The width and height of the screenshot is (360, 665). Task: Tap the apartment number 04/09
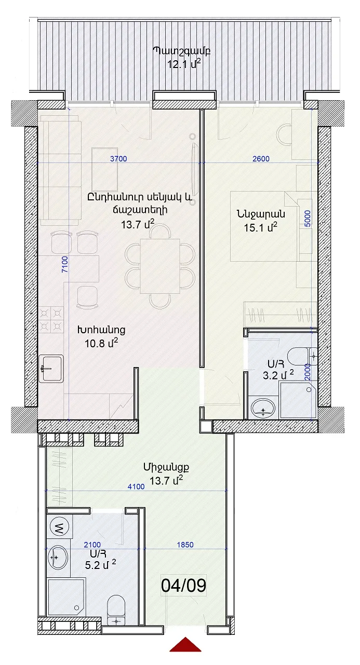point(183,586)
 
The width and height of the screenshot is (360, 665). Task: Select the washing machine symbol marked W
point(59,527)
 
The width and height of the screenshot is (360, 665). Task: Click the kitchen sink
point(51,369)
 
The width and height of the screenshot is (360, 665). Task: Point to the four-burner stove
point(51,320)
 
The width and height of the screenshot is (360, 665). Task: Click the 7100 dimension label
point(65,264)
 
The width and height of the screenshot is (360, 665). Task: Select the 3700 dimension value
point(118,159)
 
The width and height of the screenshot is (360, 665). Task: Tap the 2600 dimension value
point(261,159)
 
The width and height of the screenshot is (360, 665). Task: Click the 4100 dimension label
point(136,486)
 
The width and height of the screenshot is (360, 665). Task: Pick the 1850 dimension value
point(185,545)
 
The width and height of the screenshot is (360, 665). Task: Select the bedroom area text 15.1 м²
point(260,228)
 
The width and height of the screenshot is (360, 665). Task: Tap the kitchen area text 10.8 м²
point(101,343)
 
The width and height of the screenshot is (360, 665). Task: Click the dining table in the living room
point(160,266)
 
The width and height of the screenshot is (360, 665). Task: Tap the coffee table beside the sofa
point(104,169)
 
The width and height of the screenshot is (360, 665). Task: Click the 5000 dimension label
point(308,219)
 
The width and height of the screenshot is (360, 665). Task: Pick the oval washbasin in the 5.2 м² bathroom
point(58,557)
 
